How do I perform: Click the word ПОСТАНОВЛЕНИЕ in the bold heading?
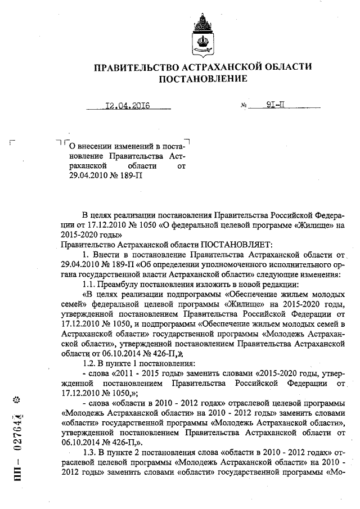[x=202, y=79]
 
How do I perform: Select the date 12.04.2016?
[x=127, y=105]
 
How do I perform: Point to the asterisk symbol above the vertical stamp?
[x=17, y=400]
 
